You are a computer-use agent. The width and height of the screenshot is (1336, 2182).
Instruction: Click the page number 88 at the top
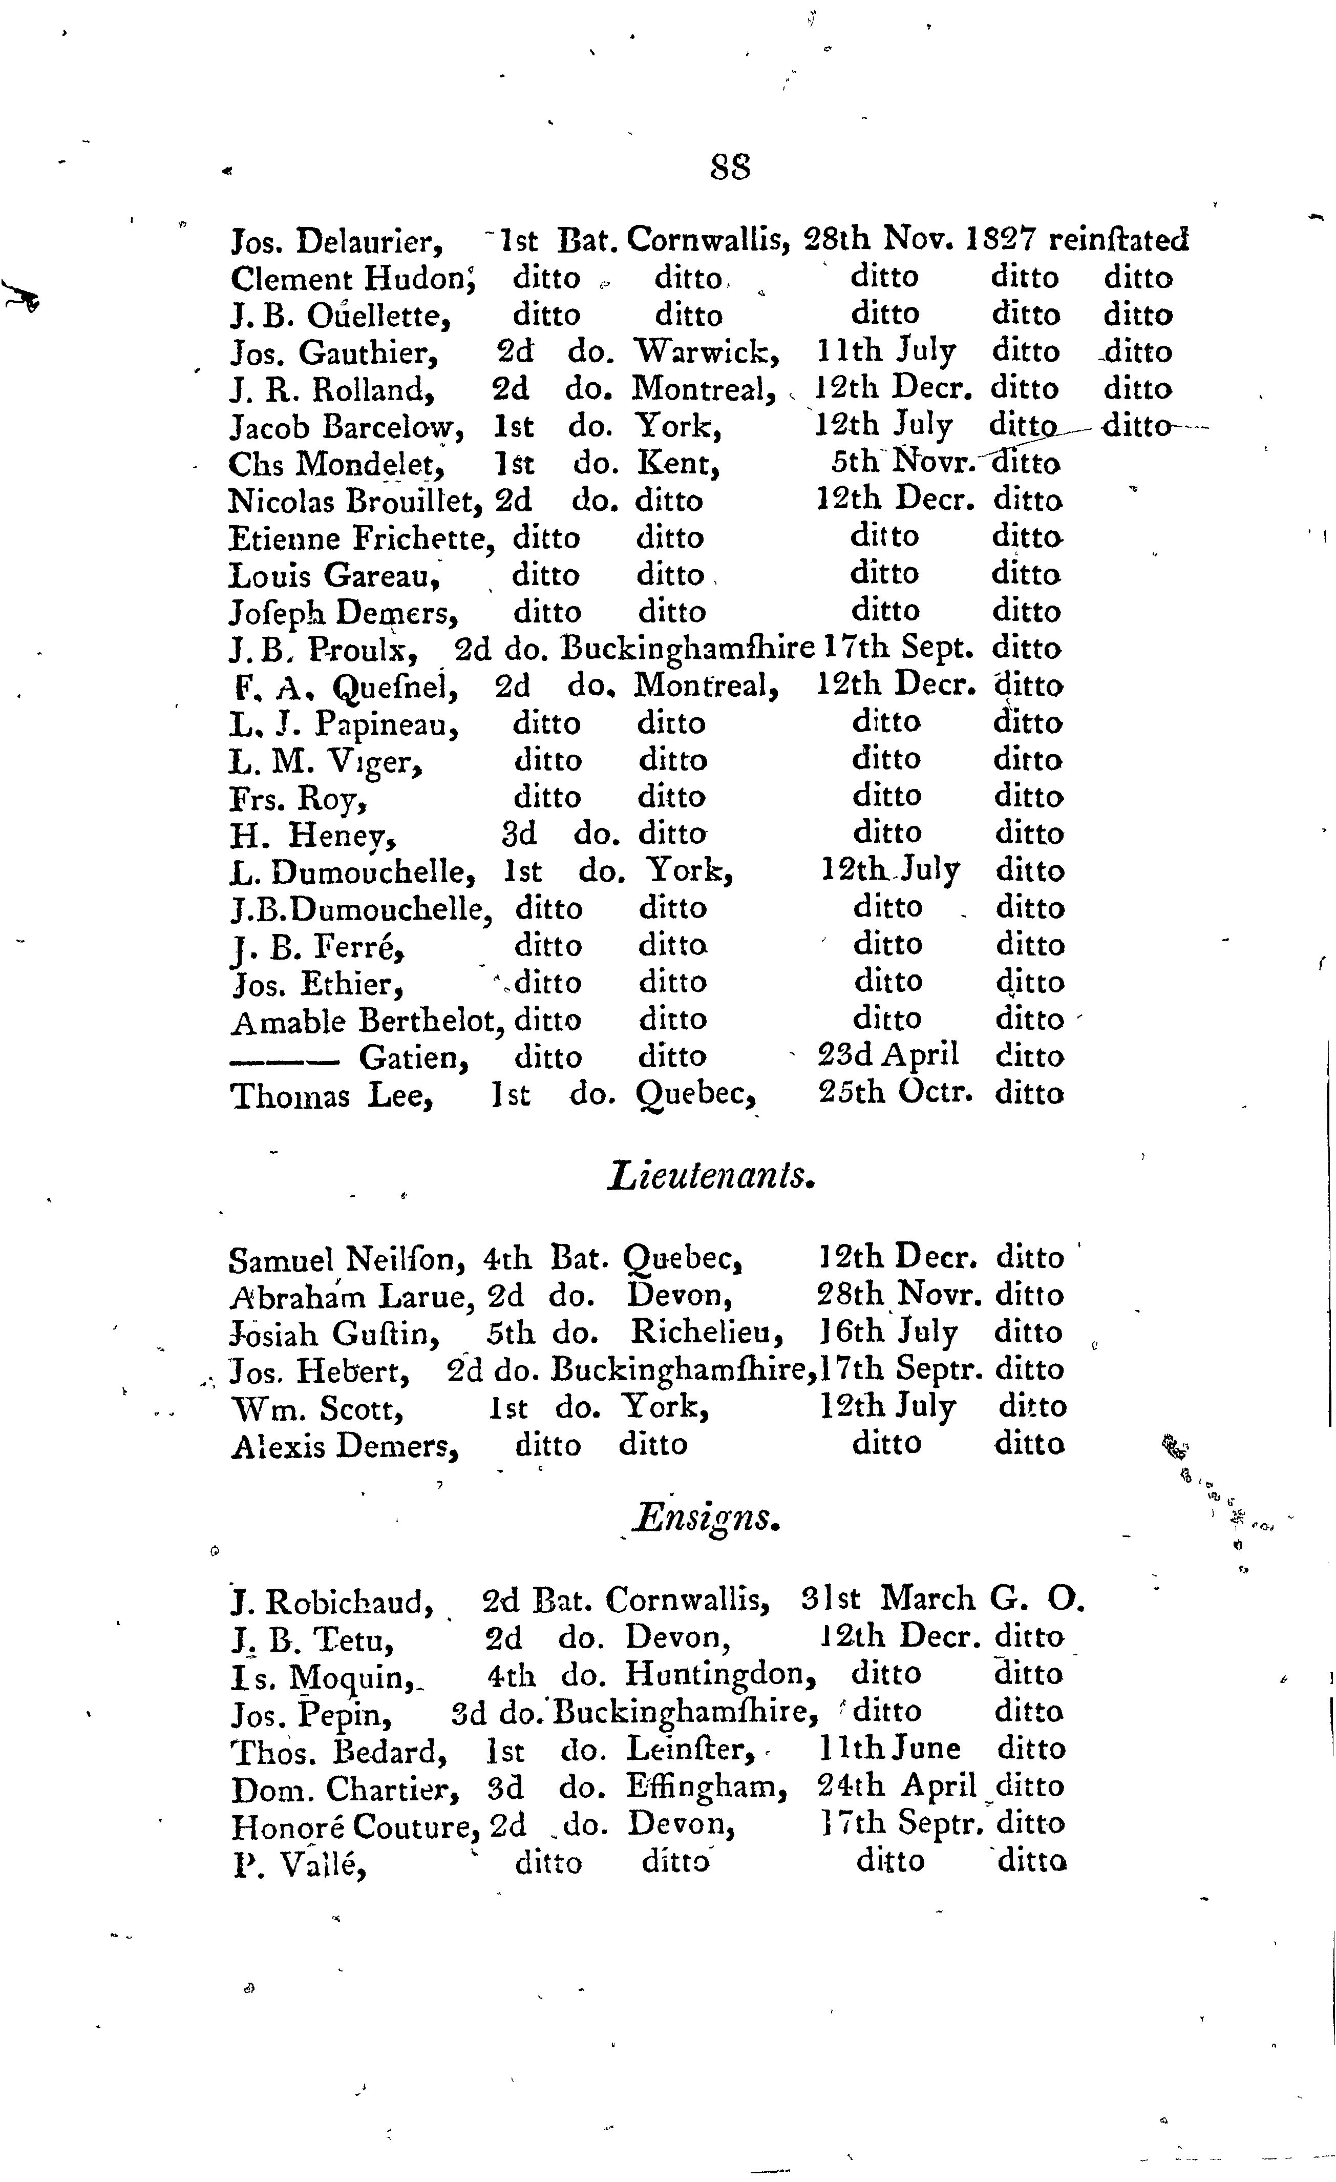730,167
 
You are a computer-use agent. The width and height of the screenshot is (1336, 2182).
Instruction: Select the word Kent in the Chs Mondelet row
677,463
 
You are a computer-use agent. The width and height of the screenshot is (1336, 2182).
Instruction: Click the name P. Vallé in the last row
299,1862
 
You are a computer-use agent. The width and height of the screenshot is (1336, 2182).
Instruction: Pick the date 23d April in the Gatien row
887,1055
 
